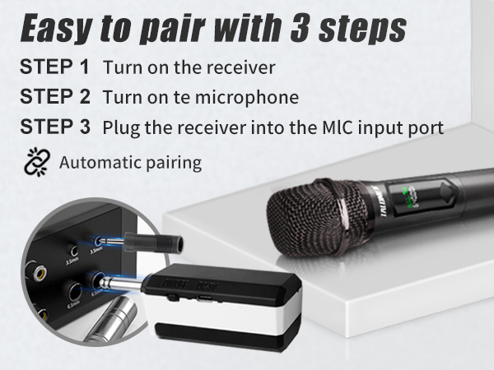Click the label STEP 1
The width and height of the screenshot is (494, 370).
[x=54, y=66]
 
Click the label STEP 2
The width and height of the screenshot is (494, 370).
[x=54, y=96]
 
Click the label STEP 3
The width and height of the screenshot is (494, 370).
[x=54, y=127]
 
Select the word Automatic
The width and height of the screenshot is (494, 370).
[x=97, y=162]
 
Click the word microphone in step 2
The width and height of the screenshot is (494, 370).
[x=251, y=97]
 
